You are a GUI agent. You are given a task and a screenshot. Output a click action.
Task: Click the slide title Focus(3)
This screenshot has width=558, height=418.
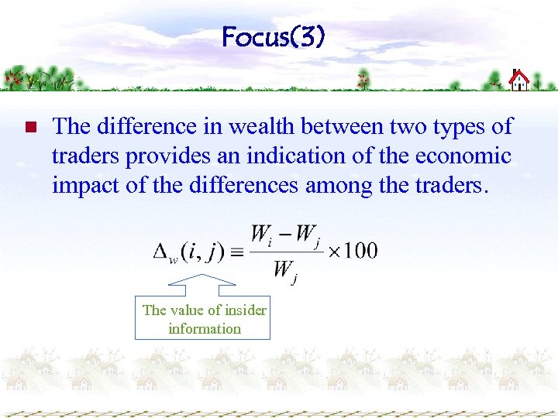pyautogui.click(x=273, y=36)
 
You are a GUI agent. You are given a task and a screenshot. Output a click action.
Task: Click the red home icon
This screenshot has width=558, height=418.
pyautogui.click(x=519, y=80)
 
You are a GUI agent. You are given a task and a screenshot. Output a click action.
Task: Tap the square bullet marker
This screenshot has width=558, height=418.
pyautogui.click(x=30, y=127)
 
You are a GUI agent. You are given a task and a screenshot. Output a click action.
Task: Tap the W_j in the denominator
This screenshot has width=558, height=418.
pyautogui.click(x=284, y=271)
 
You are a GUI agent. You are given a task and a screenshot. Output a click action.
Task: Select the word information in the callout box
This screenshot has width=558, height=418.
pyautogui.click(x=205, y=328)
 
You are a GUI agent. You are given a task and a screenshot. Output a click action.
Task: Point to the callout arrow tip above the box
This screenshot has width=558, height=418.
pyautogui.click(x=203, y=276)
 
